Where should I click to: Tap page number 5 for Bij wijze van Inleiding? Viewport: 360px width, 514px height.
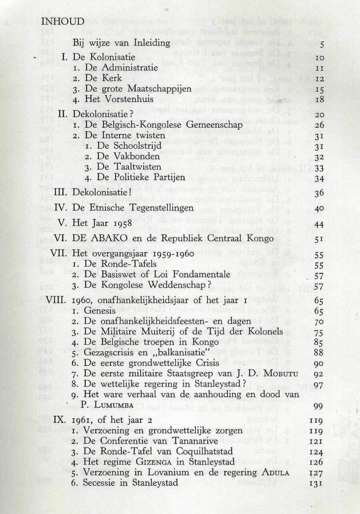(322, 44)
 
